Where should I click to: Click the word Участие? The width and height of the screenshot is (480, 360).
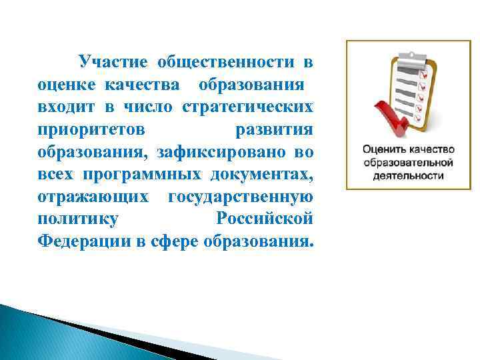pos(113,63)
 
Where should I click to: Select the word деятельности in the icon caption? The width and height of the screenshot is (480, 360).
pos(408,175)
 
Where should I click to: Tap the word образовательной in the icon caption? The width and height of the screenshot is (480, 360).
pos(408,162)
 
